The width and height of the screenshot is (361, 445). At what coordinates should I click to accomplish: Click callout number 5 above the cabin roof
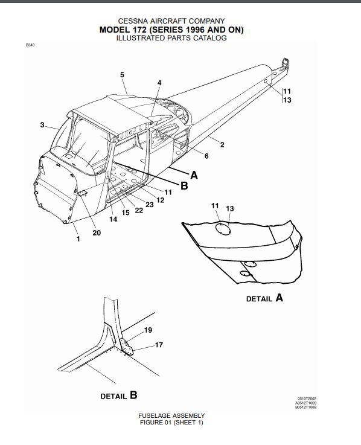click(x=122, y=75)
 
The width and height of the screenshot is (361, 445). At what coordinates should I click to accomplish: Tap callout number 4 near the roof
click(x=159, y=83)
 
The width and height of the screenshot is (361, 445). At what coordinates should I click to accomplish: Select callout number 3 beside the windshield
click(x=42, y=125)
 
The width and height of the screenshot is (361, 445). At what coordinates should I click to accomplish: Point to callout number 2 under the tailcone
click(x=222, y=145)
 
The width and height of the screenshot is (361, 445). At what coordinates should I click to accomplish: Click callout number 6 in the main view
click(x=206, y=156)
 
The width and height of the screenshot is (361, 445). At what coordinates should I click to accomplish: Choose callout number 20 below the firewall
click(x=97, y=232)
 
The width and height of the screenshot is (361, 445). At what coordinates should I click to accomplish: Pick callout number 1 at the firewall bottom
click(x=78, y=239)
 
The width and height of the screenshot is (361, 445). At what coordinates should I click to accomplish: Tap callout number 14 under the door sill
click(x=113, y=219)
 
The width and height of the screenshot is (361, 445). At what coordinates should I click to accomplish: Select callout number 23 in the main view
click(x=150, y=205)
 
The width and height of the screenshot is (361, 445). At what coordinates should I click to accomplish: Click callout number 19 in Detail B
click(x=148, y=330)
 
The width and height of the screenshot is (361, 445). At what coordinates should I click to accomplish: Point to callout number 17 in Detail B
click(x=159, y=345)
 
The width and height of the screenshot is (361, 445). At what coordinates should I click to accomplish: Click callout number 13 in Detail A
click(x=230, y=208)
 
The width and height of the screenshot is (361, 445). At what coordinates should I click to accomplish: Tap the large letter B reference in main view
click(x=185, y=185)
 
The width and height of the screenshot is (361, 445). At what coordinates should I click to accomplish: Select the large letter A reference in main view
click(x=194, y=175)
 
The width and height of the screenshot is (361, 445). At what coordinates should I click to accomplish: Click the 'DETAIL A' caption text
click(x=264, y=298)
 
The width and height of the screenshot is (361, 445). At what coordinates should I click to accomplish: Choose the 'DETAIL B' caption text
click(x=119, y=395)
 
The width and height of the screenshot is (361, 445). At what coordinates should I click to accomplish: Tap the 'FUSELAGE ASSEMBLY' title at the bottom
click(x=171, y=416)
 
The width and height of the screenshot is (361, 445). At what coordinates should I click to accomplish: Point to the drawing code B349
click(x=30, y=45)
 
